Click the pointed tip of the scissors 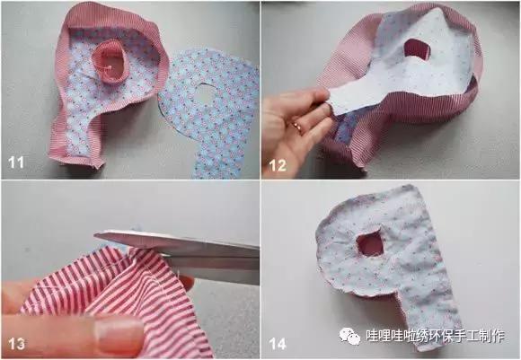[99, 236]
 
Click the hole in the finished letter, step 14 [369, 242]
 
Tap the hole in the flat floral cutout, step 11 [206, 93]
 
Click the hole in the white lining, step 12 [418, 48]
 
